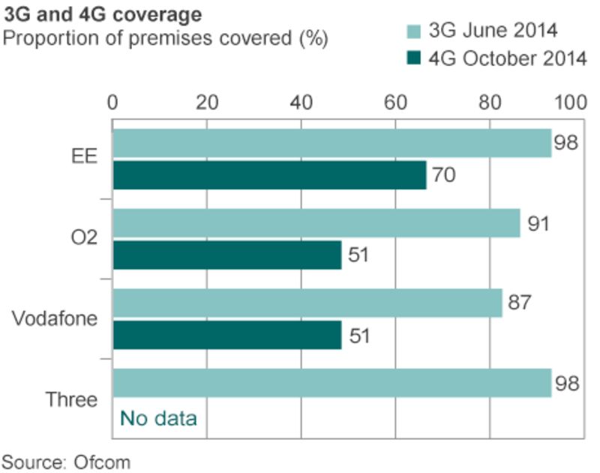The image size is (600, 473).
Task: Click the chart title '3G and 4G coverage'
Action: [x=102, y=14]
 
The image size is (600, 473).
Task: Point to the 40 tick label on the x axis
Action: [x=301, y=103]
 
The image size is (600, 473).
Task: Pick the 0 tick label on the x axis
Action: [x=113, y=103]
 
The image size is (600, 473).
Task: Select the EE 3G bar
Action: [x=331, y=143]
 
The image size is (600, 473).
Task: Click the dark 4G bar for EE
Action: [x=269, y=175]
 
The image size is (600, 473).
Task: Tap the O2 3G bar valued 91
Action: [x=316, y=223]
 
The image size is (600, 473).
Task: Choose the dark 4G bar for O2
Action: [x=227, y=255]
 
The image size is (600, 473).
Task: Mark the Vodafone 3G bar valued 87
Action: [x=307, y=304]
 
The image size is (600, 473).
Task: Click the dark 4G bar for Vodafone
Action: [x=227, y=335]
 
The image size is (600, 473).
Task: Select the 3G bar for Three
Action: [x=331, y=383]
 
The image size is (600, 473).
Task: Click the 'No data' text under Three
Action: [x=158, y=418]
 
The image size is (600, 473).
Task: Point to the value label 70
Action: [x=442, y=176]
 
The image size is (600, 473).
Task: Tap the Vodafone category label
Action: [x=55, y=319]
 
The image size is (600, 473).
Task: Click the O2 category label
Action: [x=83, y=239]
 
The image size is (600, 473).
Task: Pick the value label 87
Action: [x=518, y=303]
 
